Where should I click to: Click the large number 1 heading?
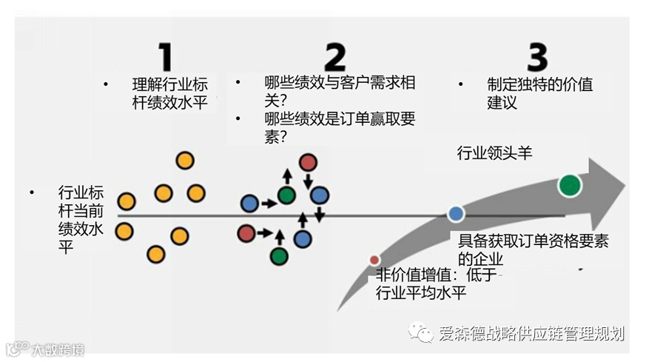(x=165, y=56)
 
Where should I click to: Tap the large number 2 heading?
(x=334, y=56)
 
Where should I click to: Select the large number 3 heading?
(x=537, y=57)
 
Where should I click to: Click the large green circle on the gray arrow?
(x=569, y=184)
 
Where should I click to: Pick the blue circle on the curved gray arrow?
(x=456, y=214)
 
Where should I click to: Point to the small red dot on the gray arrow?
(x=374, y=260)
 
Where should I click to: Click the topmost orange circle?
(x=184, y=160)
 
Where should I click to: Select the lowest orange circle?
(x=155, y=255)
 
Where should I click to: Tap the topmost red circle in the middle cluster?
(x=308, y=162)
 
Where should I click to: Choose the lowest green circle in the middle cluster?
(x=279, y=256)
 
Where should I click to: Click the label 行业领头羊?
(x=494, y=153)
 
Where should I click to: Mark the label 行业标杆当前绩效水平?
(x=81, y=220)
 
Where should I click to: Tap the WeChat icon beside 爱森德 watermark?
(x=423, y=334)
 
